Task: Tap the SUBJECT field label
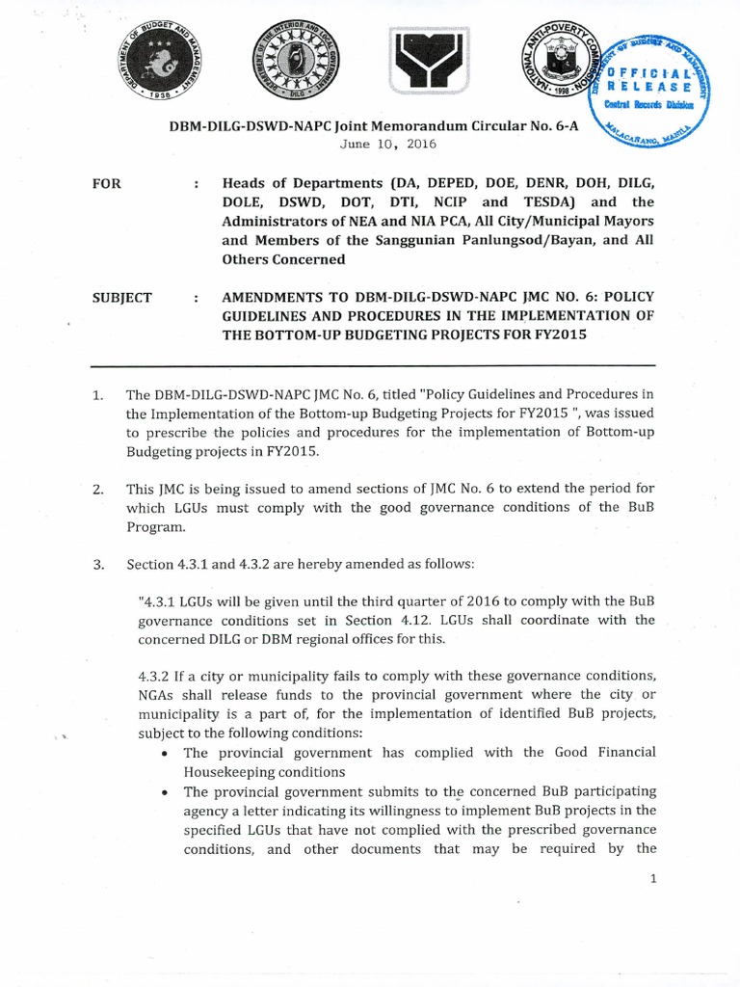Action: (121, 298)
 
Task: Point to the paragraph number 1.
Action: (96, 394)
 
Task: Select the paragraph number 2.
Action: (97, 491)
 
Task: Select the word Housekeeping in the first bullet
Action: (228, 771)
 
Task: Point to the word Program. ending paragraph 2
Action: (153, 528)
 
